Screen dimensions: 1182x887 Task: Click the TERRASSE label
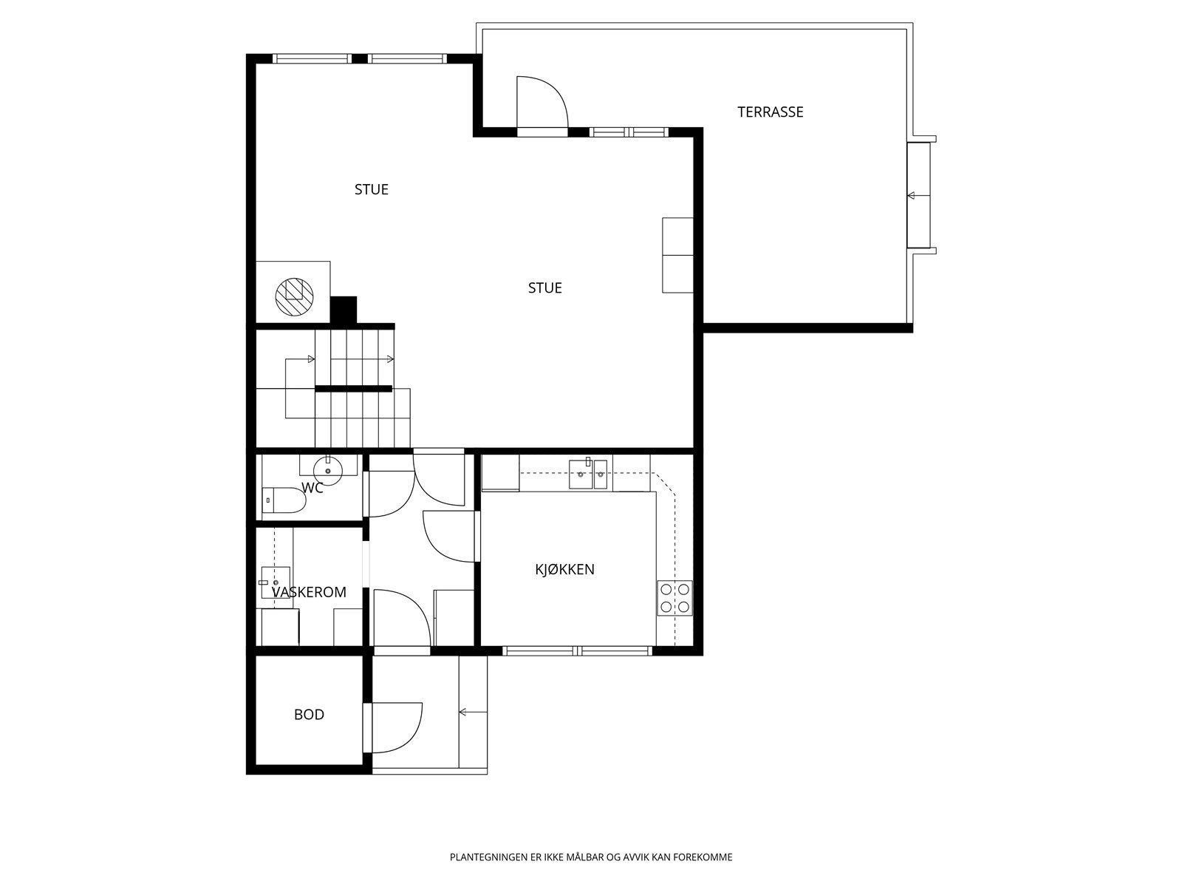point(770,112)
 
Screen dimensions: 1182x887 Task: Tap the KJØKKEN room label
point(565,569)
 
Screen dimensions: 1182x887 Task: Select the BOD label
point(309,715)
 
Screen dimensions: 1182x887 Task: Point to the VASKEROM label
point(309,592)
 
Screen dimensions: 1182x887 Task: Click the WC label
point(312,488)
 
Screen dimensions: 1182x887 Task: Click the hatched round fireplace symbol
point(295,296)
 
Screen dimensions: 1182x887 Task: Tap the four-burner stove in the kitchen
point(674,598)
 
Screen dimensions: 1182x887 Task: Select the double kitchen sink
point(588,474)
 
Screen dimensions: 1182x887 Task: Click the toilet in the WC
point(284,500)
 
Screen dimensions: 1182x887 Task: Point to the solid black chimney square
point(344,310)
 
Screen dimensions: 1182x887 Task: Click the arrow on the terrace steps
point(919,195)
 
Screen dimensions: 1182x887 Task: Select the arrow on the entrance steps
point(473,713)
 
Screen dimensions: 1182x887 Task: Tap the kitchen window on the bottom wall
point(578,651)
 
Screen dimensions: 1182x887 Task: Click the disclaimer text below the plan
point(591,857)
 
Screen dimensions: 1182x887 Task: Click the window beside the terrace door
point(629,132)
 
